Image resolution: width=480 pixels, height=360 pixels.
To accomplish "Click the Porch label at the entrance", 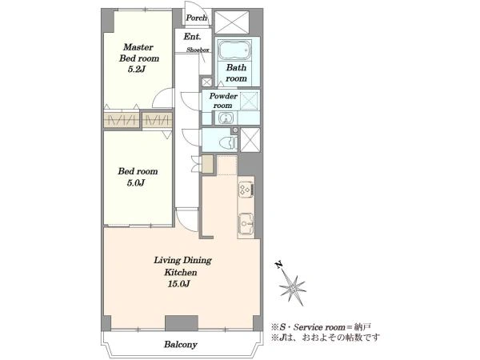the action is point(197,18).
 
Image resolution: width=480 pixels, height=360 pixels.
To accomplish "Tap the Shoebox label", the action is point(198,50).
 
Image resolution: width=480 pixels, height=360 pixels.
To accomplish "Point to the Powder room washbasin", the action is point(226,118).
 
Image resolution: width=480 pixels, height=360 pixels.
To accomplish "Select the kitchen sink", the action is point(246,224).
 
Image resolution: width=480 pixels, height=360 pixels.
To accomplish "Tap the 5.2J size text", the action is point(136,70).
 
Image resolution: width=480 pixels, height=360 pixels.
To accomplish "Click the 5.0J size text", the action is point(136,183).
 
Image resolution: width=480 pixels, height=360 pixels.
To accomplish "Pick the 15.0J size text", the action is point(178,284).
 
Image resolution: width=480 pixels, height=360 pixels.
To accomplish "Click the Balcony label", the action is point(181,345).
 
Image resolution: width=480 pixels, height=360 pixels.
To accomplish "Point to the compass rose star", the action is point(292,287).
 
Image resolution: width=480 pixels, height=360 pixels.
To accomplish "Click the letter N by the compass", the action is point(278,265).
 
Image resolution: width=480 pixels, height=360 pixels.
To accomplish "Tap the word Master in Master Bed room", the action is point(138,47).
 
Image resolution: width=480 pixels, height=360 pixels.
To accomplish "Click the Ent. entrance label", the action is point(192,37).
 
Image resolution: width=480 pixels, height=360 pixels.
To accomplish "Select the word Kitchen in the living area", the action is point(181,272).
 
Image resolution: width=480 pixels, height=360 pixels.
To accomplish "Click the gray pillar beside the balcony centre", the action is point(182,323).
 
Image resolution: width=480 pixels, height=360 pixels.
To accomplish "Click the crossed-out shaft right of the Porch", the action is point(232,22).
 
